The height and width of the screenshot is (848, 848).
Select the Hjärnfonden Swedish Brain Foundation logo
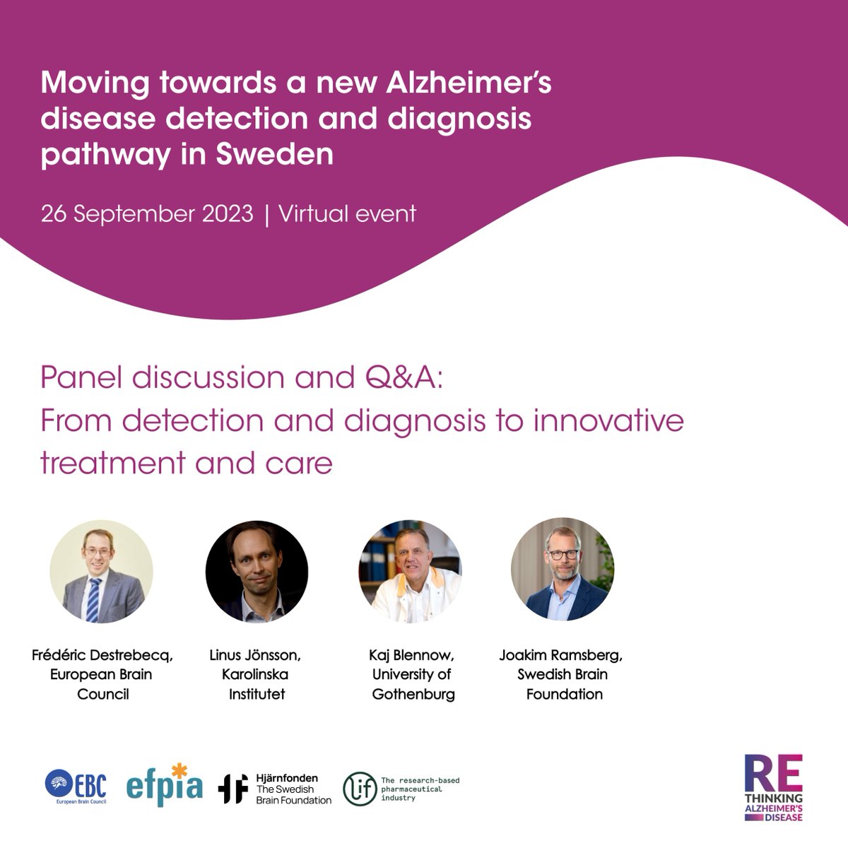(x=274, y=789)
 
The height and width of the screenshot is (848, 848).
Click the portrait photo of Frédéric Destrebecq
(x=101, y=571)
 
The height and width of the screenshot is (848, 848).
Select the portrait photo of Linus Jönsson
(x=257, y=571)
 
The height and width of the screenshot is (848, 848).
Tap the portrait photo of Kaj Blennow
(x=411, y=571)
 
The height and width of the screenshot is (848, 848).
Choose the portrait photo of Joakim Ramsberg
(x=563, y=571)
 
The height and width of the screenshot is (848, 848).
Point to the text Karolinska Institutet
(x=257, y=684)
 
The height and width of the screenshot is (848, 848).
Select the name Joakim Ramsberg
(x=560, y=655)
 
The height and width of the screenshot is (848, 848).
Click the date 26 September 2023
(x=146, y=213)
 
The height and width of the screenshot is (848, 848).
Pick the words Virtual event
(x=348, y=213)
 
